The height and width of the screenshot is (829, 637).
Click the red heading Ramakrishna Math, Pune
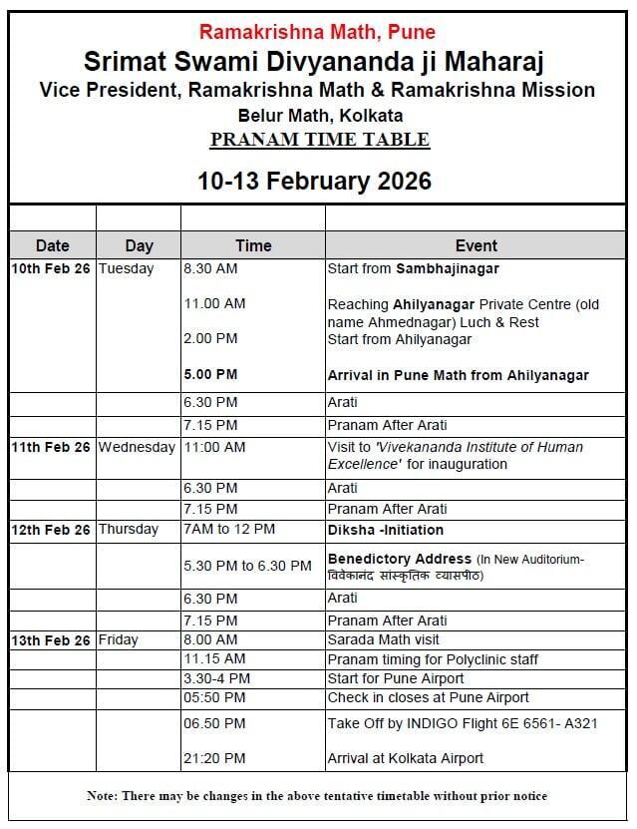318,33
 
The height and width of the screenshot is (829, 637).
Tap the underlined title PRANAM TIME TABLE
319,140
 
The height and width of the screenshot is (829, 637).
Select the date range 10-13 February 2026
314,181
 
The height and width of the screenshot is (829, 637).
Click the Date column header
52,245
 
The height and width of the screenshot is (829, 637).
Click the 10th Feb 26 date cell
51,269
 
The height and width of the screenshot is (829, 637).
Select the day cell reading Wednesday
137,447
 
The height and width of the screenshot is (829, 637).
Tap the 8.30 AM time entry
210,269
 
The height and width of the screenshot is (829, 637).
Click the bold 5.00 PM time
210,376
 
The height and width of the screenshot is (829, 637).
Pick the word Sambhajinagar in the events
447,269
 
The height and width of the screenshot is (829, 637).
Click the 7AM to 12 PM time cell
228,530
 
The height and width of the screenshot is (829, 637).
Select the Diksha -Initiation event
385,530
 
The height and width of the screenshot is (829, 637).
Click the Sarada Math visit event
383,639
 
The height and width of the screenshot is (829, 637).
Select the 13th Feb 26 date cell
51,639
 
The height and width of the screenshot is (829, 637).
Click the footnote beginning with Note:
317,796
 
